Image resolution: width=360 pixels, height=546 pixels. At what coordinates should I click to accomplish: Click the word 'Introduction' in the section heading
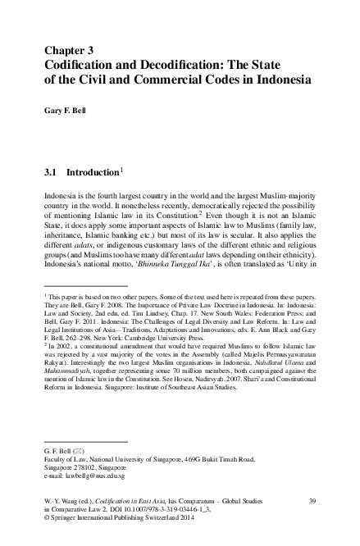pyautogui.click(x=93, y=174)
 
